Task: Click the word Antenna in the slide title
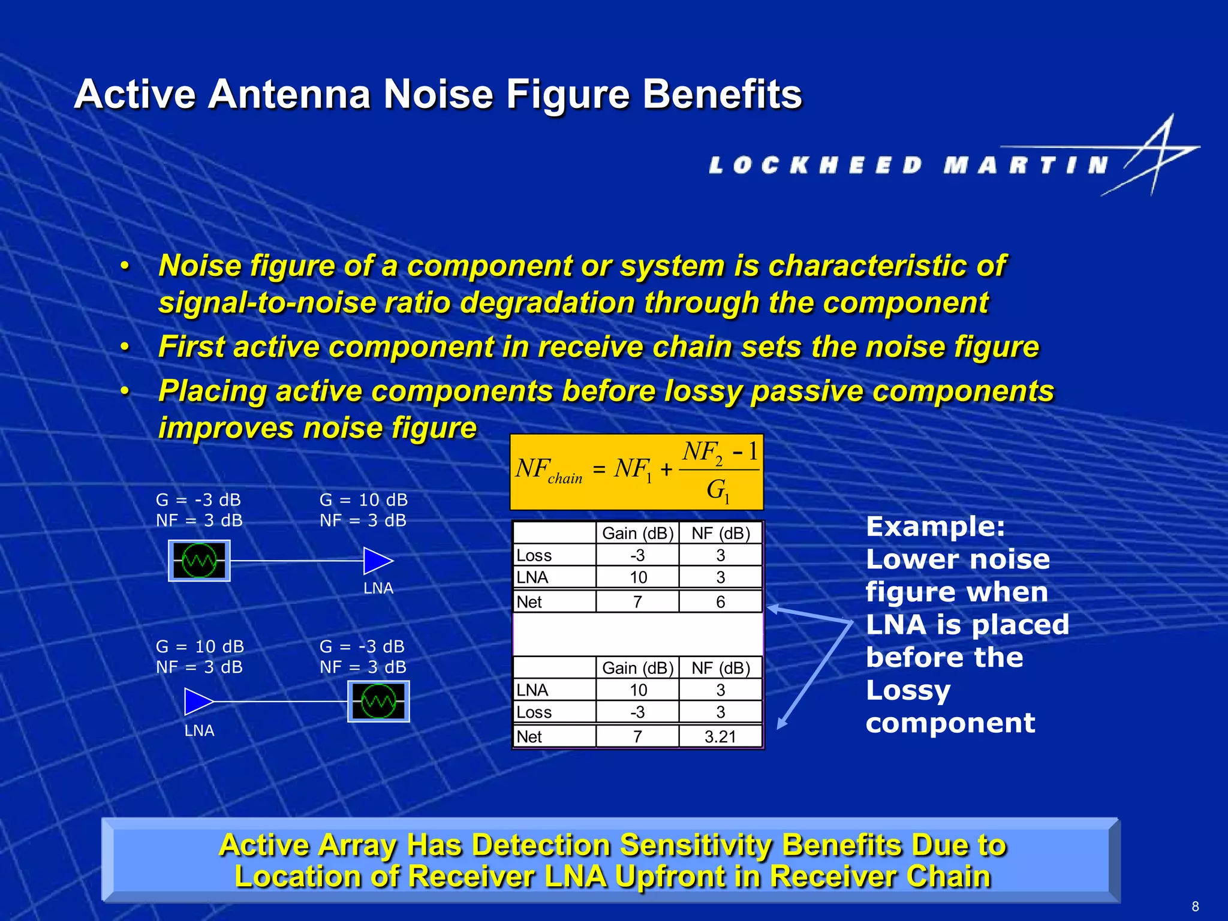(x=289, y=94)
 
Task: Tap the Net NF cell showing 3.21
(x=720, y=737)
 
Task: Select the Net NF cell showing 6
(x=720, y=602)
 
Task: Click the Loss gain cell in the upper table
(x=637, y=555)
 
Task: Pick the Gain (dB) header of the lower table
(x=637, y=668)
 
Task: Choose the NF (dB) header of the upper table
(x=720, y=533)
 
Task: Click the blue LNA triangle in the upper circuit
(x=377, y=561)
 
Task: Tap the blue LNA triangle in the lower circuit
(x=198, y=702)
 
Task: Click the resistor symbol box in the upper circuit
(x=199, y=561)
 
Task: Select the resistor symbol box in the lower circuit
(x=378, y=702)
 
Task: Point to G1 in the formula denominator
(x=717, y=490)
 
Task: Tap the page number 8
(x=1195, y=906)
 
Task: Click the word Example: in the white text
(x=935, y=527)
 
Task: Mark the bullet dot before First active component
(x=125, y=347)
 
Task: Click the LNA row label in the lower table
(x=532, y=690)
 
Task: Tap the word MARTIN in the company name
(x=1025, y=165)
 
